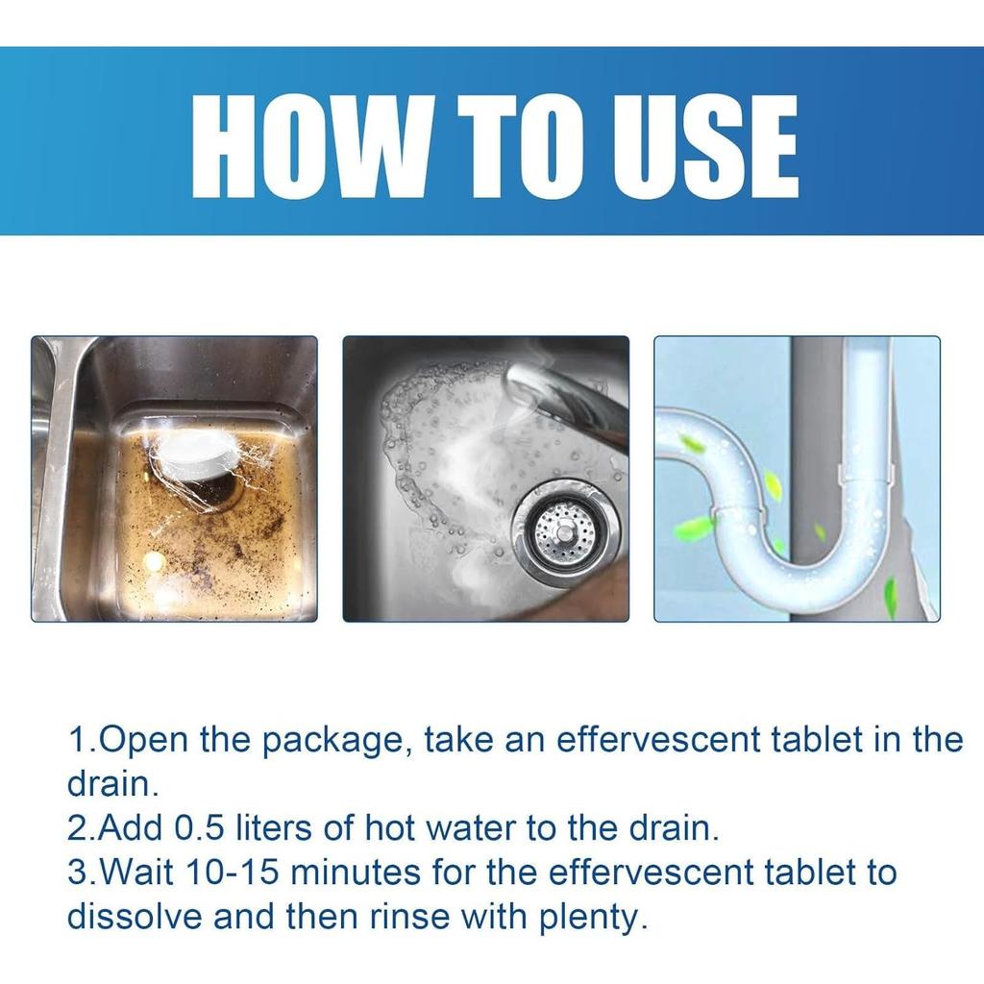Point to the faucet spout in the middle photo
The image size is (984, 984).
[x=565, y=402]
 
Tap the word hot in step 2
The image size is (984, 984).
[x=390, y=828]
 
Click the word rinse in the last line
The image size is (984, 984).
[x=409, y=917]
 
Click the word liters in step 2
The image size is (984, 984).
[x=274, y=828]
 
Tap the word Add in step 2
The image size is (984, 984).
[x=130, y=828]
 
